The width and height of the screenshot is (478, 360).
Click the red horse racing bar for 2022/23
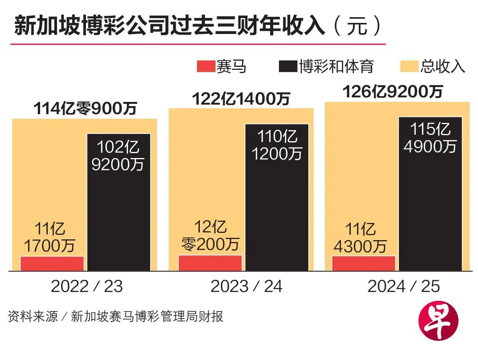(52, 263)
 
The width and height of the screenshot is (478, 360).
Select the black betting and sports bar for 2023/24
(277, 214)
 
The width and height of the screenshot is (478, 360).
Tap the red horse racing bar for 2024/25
(363, 263)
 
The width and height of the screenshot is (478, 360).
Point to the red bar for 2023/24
(210, 263)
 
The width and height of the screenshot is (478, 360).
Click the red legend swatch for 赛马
(206, 67)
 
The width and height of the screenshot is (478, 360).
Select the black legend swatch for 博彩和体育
(288, 67)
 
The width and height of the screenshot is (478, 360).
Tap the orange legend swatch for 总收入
(409, 67)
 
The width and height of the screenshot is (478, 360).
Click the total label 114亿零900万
(85, 109)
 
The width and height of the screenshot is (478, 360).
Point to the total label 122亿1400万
(241, 99)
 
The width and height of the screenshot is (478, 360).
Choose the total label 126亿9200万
(393, 92)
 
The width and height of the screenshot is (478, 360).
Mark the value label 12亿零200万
(210, 236)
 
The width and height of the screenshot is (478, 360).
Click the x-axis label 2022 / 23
(87, 287)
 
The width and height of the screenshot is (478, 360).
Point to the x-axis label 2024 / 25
(403, 287)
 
